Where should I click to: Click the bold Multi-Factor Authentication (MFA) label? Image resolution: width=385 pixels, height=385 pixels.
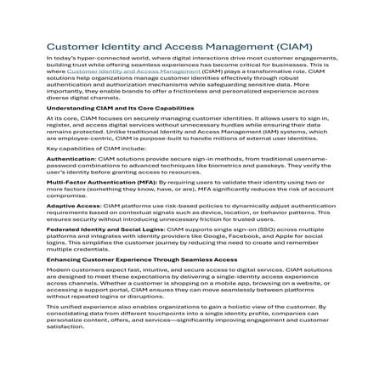coord(104,181)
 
